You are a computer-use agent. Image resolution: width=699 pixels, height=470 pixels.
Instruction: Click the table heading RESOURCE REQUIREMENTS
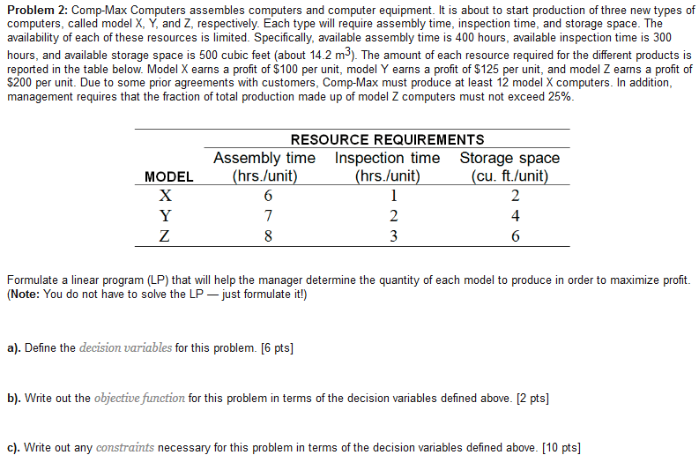pyautogui.click(x=387, y=139)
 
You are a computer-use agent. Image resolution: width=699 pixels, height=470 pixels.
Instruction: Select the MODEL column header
pyautogui.click(x=168, y=176)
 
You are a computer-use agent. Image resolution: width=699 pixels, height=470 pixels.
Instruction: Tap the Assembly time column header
pyautogui.click(x=264, y=167)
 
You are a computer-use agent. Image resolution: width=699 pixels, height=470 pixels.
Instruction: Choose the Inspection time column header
pyautogui.click(x=387, y=167)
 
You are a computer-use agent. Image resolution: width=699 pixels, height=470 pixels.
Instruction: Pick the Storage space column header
pyautogui.click(x=509, y=167)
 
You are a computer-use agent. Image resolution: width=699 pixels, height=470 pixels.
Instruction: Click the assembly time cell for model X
pyautogui.click(x=268, y=197)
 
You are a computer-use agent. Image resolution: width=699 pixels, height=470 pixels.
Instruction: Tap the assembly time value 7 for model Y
pyautogui.click(x=268, y=216)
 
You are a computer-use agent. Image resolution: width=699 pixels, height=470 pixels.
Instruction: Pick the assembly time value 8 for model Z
pyautogui.click(x=268, y=235)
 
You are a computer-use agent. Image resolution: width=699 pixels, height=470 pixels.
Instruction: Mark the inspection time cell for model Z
pyautogui.click(x=393, y=235)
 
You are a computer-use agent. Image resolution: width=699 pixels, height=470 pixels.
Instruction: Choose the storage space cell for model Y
pyautogui.click(x=515, y=216)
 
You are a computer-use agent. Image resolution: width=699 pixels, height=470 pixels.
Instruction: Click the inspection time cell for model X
pyautogui.click(x=393, y=197)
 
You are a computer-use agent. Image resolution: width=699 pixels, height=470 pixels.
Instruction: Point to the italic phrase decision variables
pyautogui.click(x=125, y=347)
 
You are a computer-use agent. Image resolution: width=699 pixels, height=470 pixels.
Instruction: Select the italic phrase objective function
pyautogui.click(x=139, y=398)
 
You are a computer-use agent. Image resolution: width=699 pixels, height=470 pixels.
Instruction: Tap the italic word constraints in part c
pyautogui.click(x=124, y=448)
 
